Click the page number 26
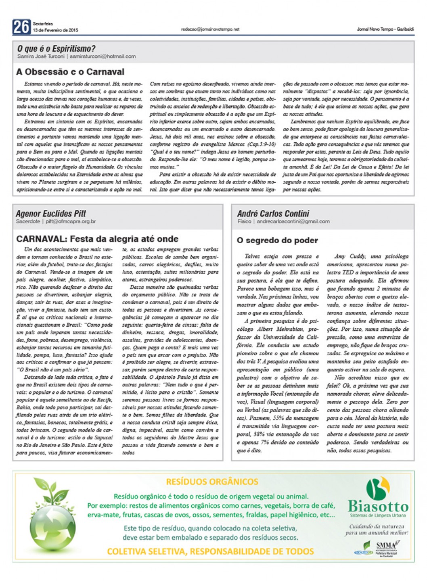pyautogui.click(x=21, y=27)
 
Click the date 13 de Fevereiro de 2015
pyautogui.click(x=56, y=30)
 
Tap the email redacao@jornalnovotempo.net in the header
pyautogui.click(x=210, y=29)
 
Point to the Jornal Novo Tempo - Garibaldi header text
pyautogui.click(x=385, y=29)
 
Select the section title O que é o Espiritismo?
pyautogui.click(x=56, y=49)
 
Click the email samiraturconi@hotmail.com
pyautogui.click(x=103, y=56)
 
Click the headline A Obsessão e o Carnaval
pyautogui.click(x=70, y=72)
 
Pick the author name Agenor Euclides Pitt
pyautogui.click(x=51, y=213)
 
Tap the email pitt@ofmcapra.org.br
pyautogui.click(x=71, y=221)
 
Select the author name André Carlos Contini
pyautogui.click(x=273, y=213)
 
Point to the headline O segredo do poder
pyautogui.click(x=277, y=240)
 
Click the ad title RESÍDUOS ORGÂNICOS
pyautogui.click(x=212, y=482)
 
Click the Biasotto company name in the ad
pyautogui.click(x=378, y=506)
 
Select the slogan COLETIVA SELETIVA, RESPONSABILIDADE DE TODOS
pyautogui.click(x=210, y=551)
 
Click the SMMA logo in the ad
pyautogui.click(x=385, y=545)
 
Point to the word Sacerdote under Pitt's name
pyautogui.click(x=28, y=221)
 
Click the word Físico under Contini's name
pyautogui.click(x=245, y=221)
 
